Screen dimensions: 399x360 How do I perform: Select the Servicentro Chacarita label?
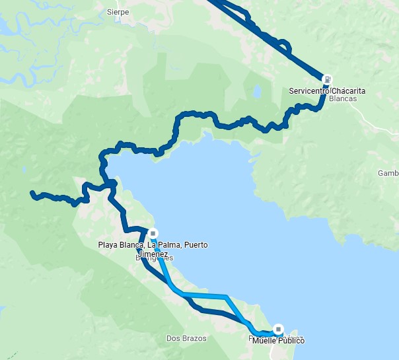(x=327, y=90)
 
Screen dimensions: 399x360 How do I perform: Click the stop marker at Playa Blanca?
(x=153, y=233)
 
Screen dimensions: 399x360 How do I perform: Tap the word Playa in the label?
(x=108, y=245)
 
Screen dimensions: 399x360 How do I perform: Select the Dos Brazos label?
(x=186, y=338)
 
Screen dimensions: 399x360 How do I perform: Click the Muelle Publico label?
(x=278, y=340)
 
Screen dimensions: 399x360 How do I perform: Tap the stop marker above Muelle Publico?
(x=278, y=328)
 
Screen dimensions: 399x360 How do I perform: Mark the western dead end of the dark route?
(x=32, y=193)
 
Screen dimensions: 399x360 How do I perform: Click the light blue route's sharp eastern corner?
(x=227, y=297)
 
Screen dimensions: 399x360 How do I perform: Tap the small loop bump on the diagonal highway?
(x=285, y=46)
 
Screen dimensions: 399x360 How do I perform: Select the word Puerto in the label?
(x=196, y=245)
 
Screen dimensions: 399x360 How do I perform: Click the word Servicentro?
(x=310, y=90)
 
